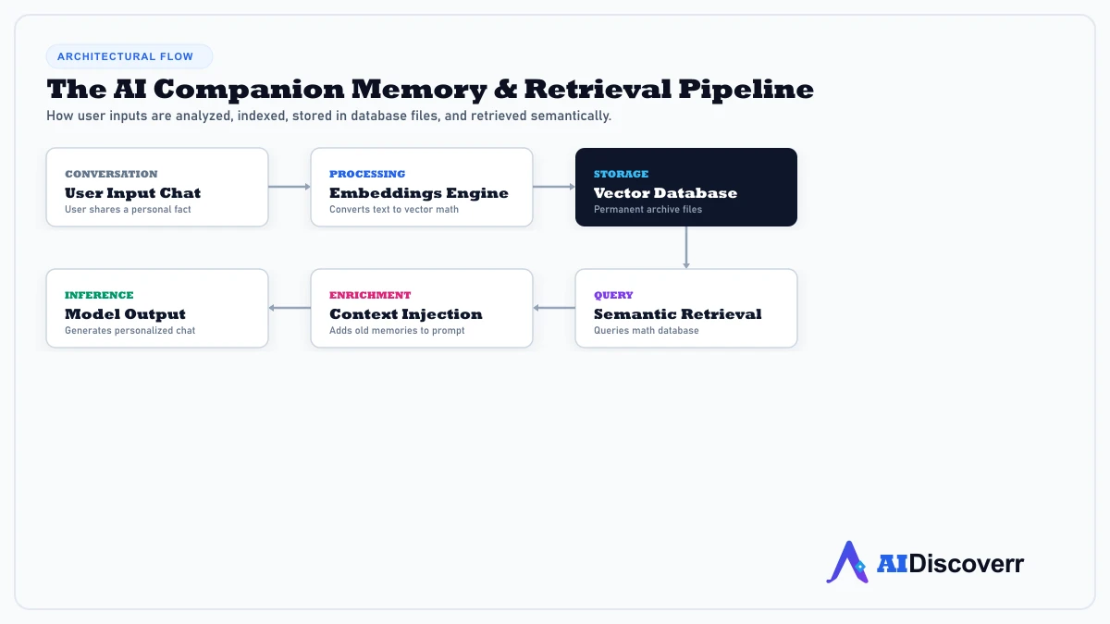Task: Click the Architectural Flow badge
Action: point(129,56)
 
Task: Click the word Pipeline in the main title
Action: point(746,91)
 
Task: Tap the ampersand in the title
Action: point(505,90)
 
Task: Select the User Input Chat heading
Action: point(133,193)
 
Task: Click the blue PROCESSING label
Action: point(367,175)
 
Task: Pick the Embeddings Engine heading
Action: point(419,193)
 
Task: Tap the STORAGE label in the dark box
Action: point(621,175)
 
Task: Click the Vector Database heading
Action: point(665,193)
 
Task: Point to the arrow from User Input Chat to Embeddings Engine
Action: point(290,187)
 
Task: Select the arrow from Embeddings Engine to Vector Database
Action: point(554,187)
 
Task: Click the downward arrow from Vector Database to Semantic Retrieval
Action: point(686,248)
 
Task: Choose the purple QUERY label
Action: point(613,295)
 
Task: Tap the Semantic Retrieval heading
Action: point(677,314)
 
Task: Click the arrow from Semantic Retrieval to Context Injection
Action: point(554,308)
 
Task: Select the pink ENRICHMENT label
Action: point(370,295)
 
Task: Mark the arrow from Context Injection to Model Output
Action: point(290,308)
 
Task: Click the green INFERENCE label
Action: point(99,295)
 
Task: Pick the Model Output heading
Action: point(126,314)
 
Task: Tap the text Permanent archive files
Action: point(647,210)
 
